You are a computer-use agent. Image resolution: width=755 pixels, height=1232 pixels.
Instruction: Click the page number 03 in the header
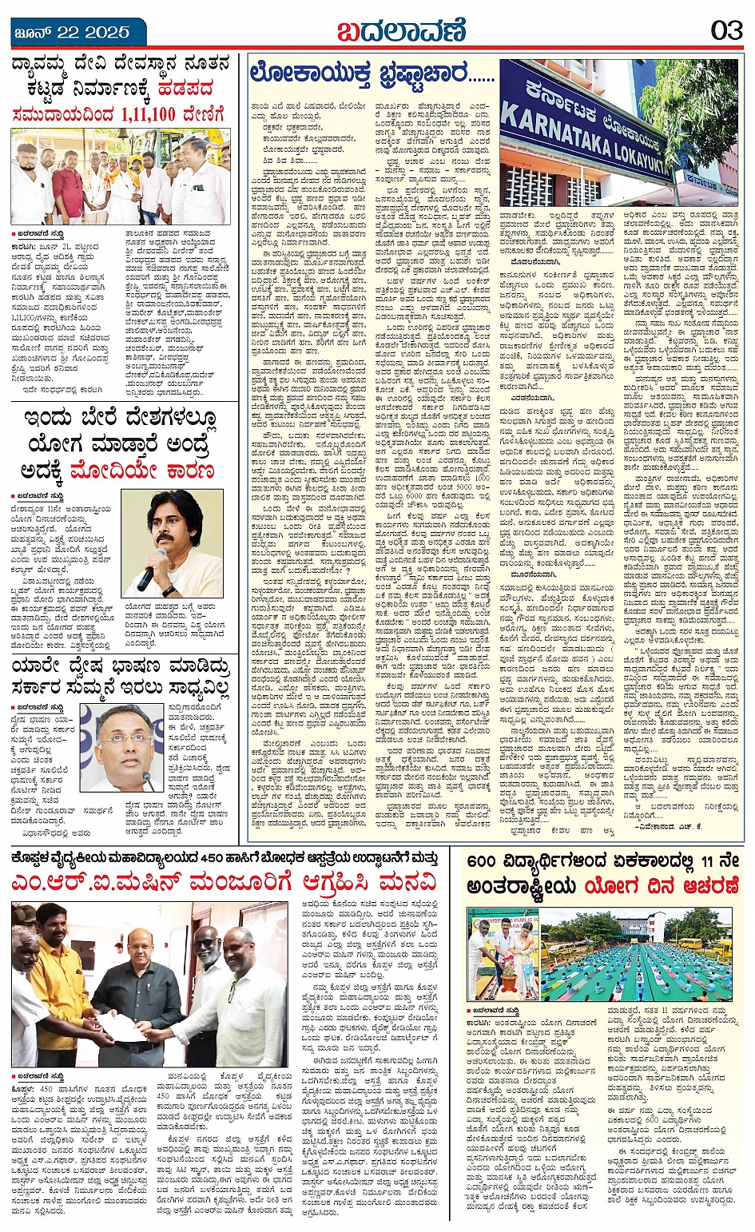(726, 31)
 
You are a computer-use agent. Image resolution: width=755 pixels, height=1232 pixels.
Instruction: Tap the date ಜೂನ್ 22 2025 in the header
(71, 32)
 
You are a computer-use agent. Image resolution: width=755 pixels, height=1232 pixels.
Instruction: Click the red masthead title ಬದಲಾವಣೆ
(399, 31)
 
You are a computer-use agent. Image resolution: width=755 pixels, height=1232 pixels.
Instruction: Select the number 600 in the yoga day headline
(483, 862)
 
